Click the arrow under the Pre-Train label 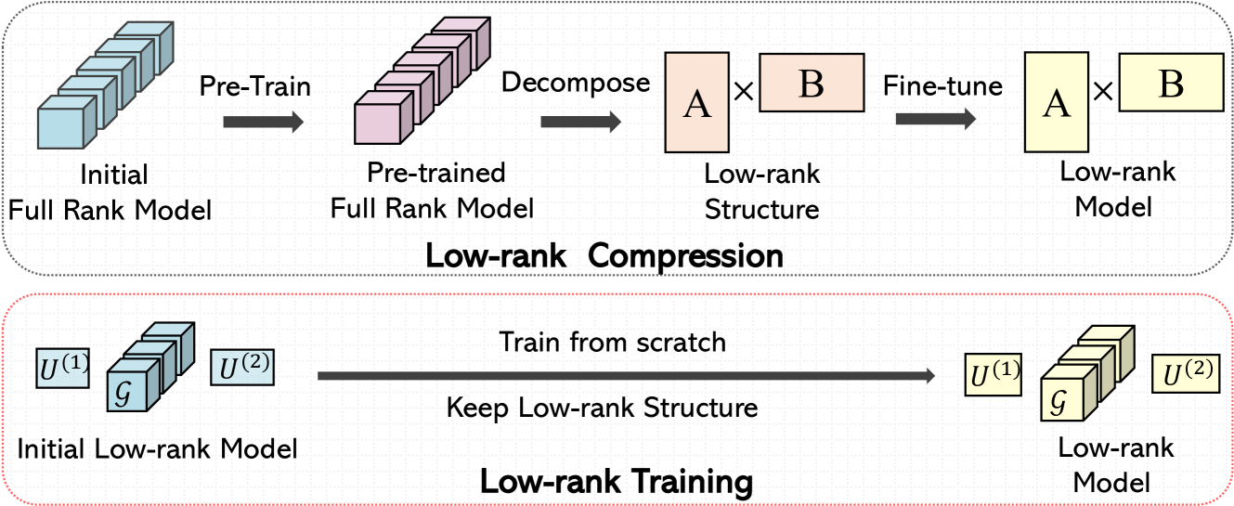tap(263, 121)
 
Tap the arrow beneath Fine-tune tap(936, 119)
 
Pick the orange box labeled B tap(812, 84)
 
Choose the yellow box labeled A tap(1055, 102)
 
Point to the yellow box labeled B tap(1171, 84)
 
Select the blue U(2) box tap(243, 370)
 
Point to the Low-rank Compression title tap(604, 255)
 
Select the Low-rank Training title tap(616, 482)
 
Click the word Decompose tap(576, 82)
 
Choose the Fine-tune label tap(942, 86)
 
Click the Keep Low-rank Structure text tap(602, 408)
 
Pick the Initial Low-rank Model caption tap(157, 449)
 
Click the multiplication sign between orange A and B tap(744, 91)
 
